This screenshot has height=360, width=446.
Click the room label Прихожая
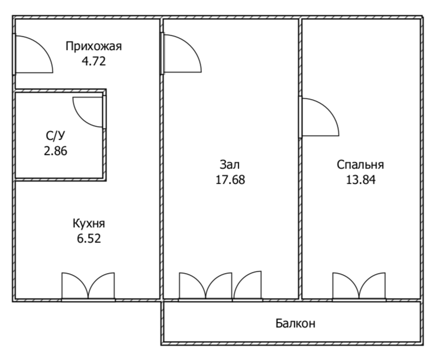93,46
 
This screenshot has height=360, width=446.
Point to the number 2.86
56,151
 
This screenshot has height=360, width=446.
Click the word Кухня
89,224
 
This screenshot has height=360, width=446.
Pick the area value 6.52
89,238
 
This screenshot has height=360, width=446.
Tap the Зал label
230,164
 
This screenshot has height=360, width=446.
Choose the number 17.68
230,179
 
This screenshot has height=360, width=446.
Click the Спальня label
360,165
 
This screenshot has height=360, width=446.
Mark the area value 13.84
360,179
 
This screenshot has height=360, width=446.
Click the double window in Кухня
88,286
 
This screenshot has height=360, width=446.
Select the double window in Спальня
360,286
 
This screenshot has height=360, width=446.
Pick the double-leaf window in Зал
206,286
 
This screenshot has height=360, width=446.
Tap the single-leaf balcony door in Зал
248,286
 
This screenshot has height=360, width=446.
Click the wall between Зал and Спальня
300,218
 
